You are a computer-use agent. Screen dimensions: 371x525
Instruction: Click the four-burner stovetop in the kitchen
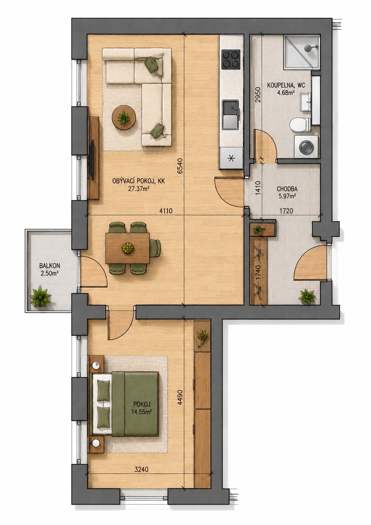(231, 59)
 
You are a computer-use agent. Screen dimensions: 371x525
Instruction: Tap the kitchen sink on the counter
(231, 115)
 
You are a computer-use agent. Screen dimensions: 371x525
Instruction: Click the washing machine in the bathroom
(306, 147)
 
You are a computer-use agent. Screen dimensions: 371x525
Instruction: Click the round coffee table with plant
(123, 118)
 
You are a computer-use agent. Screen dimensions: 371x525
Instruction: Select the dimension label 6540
(180, 166)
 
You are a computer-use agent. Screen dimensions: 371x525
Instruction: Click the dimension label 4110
(166, 211)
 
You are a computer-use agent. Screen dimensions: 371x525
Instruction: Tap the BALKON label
(50, 266)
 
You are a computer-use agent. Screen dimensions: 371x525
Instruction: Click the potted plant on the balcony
(40, 296)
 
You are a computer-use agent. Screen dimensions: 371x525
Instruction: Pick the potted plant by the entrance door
(307, 297)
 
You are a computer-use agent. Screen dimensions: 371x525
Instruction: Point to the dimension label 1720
(286, 211)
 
